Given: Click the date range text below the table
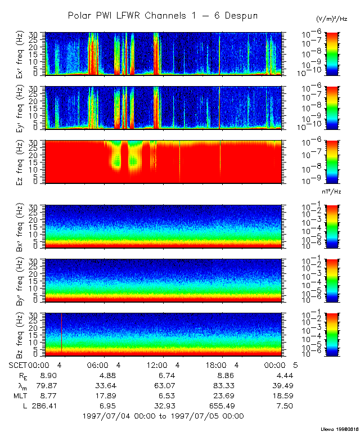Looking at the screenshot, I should (163, 416).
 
